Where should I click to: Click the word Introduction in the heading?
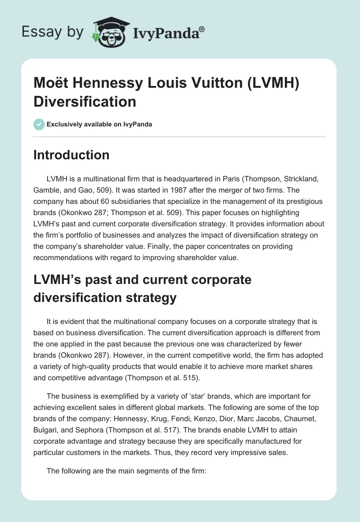72,155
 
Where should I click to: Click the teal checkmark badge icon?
39,124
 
